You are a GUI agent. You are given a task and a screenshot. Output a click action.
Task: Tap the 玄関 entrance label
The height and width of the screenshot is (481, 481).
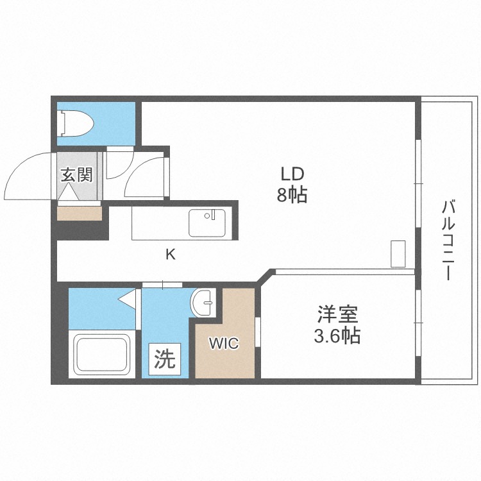76,175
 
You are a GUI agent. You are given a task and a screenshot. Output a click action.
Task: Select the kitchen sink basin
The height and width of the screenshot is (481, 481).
207,223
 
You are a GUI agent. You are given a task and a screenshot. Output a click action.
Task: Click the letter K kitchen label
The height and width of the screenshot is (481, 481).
171,254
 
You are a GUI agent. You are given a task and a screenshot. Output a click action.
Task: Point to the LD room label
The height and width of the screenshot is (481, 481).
292,174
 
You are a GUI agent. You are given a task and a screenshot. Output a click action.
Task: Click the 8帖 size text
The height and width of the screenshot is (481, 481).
292,194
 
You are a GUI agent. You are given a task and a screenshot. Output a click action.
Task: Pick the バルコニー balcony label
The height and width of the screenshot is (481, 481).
448,240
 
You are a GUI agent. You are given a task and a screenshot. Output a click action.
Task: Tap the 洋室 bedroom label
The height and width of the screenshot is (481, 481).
337,314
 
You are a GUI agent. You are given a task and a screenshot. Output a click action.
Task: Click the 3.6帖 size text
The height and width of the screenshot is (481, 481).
337,335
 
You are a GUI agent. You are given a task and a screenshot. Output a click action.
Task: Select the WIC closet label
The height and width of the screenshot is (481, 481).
224,343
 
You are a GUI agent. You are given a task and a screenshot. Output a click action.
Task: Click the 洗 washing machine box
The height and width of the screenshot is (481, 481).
165,359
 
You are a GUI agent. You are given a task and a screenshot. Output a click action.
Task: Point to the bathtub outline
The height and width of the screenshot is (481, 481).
101,355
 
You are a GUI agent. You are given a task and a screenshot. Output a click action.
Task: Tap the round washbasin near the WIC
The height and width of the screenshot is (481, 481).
203,303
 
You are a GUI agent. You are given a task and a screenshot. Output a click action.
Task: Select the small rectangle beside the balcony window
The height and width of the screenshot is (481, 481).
398,254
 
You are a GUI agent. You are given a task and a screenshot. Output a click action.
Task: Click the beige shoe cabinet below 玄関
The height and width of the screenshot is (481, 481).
80,213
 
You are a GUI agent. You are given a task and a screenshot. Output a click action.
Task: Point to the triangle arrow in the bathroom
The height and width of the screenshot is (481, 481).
127,298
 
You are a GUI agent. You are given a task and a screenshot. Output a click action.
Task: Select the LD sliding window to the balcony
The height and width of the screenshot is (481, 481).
418,183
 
